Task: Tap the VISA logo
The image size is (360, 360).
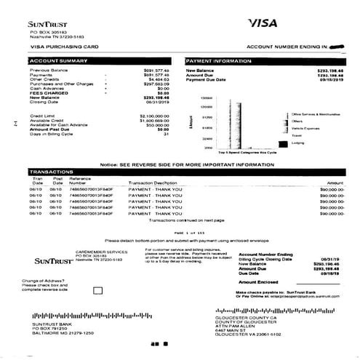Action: [x=263, y=23]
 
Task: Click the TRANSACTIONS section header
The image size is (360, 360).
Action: [x=47, y=172]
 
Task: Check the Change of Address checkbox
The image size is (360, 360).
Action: [x=98, y=290]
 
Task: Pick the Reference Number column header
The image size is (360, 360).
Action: [x=80, y=180]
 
